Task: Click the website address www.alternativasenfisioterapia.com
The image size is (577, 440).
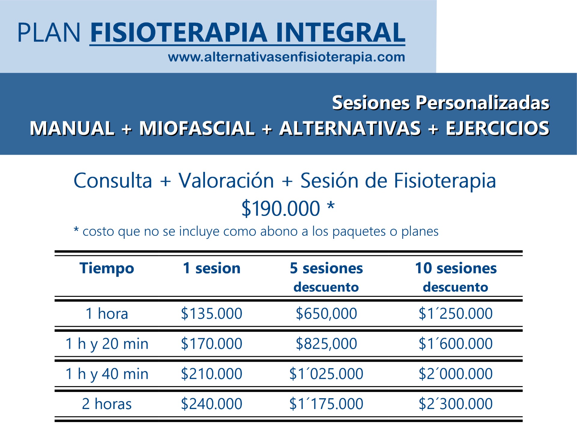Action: [286, 57]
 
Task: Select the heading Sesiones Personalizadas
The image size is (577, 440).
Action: [441, 103]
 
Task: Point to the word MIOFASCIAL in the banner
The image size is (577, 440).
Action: [197, 128]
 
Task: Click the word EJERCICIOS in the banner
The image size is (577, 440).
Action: [498, 128]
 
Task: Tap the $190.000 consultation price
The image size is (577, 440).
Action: [281, 208]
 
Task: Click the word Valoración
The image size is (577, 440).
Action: [226, 181]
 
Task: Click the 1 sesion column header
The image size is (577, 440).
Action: [212, 268]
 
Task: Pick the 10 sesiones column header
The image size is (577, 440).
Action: [456, 268]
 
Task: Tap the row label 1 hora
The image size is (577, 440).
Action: [107, 314]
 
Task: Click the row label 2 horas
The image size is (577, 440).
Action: [107, 404]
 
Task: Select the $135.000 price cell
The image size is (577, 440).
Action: [212, 314]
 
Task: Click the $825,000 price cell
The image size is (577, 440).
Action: [326, 344]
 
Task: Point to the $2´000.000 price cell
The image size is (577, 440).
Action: [456, 374]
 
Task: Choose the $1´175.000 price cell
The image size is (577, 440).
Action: [326, 404]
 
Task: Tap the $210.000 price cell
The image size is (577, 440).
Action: [212, 374]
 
